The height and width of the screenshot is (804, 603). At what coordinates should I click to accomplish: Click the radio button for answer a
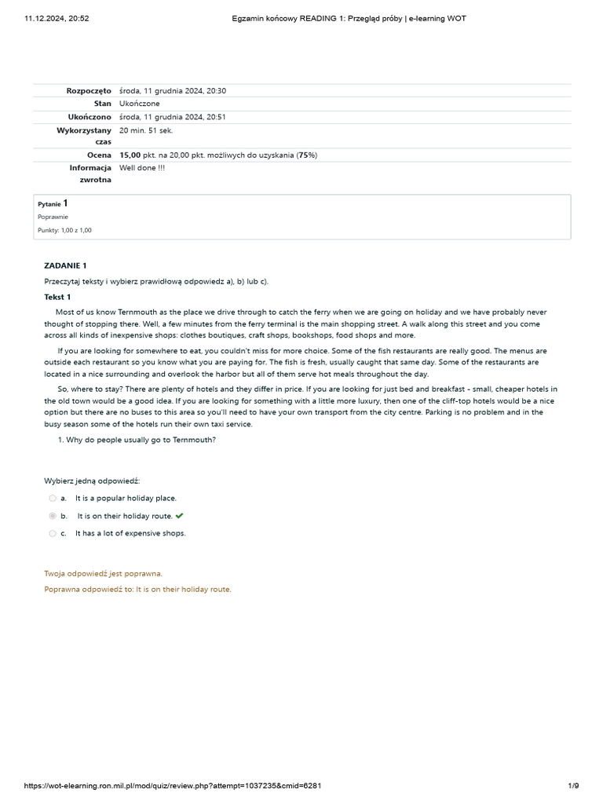pyautogui.click(x=53, y=498)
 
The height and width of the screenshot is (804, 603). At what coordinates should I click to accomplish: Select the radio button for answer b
pyautogui.click(x=53, y=516)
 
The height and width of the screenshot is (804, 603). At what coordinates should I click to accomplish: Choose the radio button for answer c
pyautogui.click(x=53, y=533)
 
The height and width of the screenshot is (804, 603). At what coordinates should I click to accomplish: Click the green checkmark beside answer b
pyautogui.click(x=180, y=516)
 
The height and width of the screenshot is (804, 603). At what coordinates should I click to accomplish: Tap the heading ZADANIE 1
pyautogui.click(x=65, y=265)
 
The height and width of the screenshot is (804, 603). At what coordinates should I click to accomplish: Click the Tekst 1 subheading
pyautogui.click(x=57, y=297)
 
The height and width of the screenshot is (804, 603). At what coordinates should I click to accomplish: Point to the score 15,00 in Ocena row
pyautogui.click(x=130, y=155)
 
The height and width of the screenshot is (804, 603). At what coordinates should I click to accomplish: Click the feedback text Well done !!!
pyautogui.click(x=142, y=168)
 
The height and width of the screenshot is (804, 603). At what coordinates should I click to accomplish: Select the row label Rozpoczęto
pyautogui.click(x=89, y=91)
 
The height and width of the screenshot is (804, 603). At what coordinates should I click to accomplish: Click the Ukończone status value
pyautogui.click(x=139, y=104)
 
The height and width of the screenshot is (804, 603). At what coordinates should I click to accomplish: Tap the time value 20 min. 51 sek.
pyautogui.click(x=146, y=130)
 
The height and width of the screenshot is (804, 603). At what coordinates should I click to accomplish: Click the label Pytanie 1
pyautogui.click(x=53, y=203)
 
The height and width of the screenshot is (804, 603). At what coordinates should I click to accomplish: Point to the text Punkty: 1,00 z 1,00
pyautogui.click(x=64, y=230)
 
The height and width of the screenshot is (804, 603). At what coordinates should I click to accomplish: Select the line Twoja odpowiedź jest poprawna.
pyautogui.click(x=103, y=574)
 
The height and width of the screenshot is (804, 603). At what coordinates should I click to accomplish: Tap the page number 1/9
pyautogui.click(x=573, y=786)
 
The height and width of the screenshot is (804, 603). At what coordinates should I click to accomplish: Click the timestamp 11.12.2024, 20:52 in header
pyautogui.click(x=57, y=18)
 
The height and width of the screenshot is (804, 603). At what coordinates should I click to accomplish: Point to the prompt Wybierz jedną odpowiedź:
pyautogui.click(x=92, y=481)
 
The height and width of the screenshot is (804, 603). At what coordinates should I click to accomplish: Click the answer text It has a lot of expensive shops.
pyautogui.click(x=130, y=533)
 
